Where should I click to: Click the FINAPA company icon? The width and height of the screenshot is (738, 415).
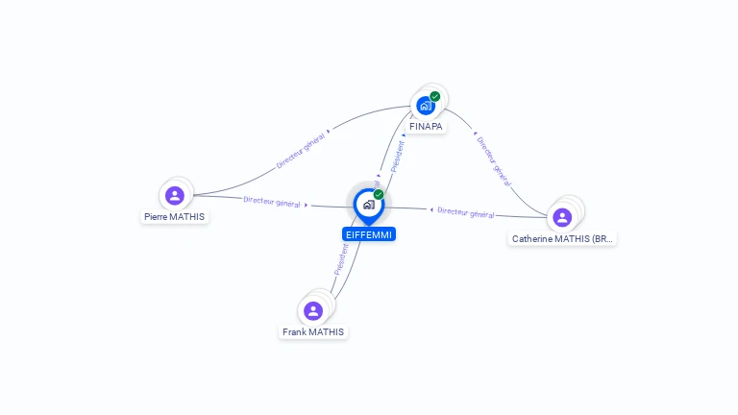425,106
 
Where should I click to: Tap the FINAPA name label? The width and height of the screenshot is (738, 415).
427,126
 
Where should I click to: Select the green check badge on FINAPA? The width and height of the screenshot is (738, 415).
435,96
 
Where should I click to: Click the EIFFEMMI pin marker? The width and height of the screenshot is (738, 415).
367,205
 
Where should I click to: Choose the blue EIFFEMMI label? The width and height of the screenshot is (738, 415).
369,233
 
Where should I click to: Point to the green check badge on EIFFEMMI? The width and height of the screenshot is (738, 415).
379,194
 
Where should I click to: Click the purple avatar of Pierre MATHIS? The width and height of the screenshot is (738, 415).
174,196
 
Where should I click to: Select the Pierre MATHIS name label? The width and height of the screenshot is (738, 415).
174,216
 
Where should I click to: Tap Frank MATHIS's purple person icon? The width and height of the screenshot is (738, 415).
312,310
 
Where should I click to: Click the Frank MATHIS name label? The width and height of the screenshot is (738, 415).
313,331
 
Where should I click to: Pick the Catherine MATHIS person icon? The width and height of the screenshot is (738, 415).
562,217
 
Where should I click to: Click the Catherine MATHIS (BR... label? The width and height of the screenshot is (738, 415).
562,238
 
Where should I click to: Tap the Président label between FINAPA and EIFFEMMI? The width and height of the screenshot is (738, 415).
397,157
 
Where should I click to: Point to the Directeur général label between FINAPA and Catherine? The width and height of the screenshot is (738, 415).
493,160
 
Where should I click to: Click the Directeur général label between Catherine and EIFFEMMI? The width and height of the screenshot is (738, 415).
465,212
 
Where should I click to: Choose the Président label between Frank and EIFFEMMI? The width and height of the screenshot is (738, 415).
341,258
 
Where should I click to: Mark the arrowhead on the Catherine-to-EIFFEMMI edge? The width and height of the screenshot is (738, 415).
431,209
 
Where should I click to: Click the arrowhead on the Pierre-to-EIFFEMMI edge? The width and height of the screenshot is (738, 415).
307,205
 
